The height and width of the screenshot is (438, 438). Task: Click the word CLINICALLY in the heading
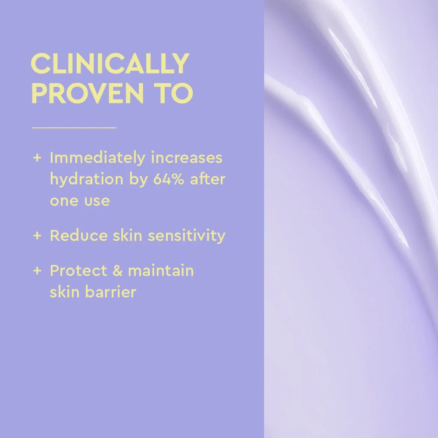[110, 64]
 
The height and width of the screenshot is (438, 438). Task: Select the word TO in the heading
[174, 92]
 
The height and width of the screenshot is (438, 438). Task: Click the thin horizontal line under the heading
[74, 128]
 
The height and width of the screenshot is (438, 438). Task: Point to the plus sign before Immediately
[37, 158]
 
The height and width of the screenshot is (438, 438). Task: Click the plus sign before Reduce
[37, 236]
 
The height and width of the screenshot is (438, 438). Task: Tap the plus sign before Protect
[37, 271]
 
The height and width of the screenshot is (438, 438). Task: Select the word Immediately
[97, 158]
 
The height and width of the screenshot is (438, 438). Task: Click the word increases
[187, 158]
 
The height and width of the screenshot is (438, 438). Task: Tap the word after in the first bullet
[208, 179]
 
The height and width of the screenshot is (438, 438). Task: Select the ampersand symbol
[117, 271]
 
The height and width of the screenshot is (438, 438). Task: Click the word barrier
[111, 292]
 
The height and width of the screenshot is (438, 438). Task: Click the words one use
[79, 201]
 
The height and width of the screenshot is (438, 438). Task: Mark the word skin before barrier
[63, 292]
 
